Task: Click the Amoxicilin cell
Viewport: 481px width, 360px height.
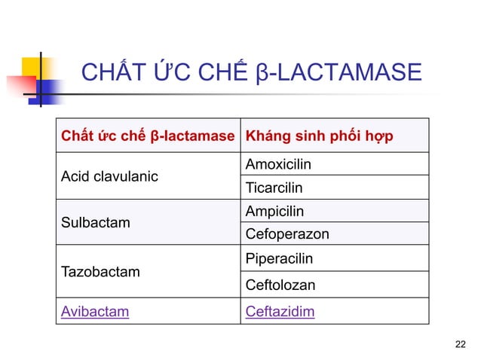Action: coord(278,164)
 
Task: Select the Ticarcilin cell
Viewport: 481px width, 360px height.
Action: coord(274,187)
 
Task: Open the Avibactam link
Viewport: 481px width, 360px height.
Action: coord(94,311)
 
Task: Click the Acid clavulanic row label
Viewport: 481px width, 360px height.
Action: coord(109,176)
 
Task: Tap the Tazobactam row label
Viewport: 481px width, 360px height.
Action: coord(100,271)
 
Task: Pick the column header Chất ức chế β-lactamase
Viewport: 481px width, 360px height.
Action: coord(148,136)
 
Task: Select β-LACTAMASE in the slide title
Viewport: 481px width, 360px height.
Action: coord(336,74)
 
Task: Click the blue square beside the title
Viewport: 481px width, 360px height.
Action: coord(49,90)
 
